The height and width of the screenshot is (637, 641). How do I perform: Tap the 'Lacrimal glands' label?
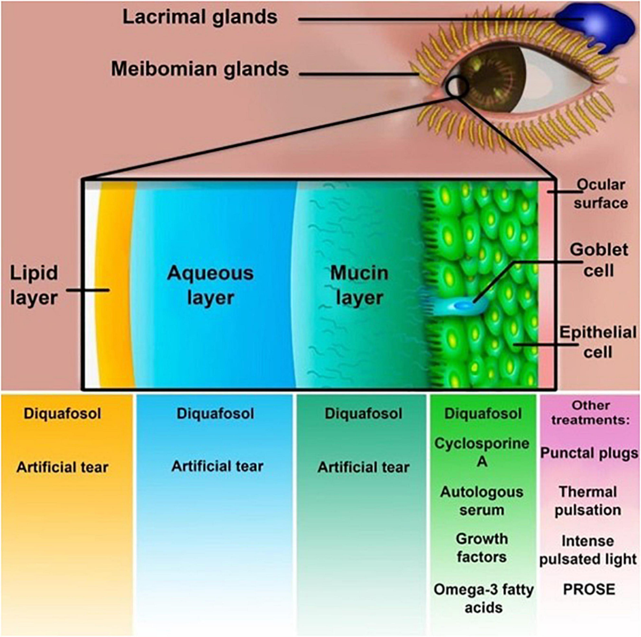200,17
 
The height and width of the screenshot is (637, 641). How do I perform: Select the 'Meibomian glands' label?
200,69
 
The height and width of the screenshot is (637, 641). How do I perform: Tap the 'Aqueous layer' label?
210,285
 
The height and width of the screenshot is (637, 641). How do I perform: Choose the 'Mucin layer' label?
359,285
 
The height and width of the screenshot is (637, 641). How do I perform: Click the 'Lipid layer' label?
34,285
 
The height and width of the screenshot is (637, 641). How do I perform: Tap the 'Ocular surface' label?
600,193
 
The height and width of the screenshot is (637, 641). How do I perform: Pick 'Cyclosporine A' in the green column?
482,452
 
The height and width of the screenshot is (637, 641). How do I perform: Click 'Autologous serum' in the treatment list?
482,501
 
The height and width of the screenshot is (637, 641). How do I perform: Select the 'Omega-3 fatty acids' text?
483,599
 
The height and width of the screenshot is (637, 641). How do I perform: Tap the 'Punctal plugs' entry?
589,453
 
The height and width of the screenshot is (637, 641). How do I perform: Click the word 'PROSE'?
589,589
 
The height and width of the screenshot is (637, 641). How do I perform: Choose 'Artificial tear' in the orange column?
62,468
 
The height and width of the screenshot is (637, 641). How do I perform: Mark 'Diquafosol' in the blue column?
215,414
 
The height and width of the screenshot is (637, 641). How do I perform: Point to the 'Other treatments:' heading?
590,413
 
